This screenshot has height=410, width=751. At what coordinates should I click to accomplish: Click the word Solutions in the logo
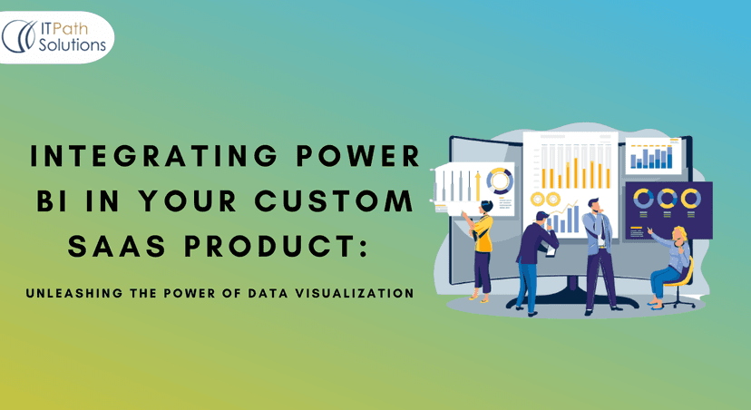(x=73, y=44)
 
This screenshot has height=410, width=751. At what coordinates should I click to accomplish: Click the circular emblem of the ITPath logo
(x=20, y=36)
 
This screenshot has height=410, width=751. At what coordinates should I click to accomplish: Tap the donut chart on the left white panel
(x=498, y=181)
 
